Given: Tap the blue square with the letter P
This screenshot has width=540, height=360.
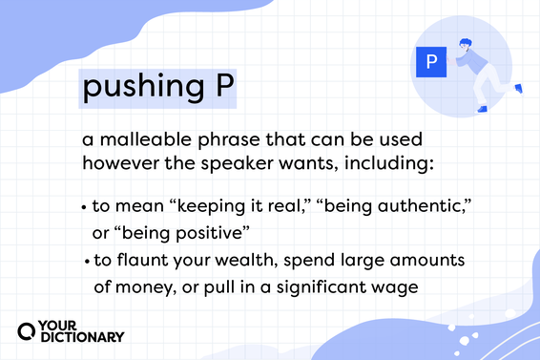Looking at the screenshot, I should click(x=430, y=63).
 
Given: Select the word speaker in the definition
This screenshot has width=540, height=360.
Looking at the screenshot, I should click(x=251, y=162).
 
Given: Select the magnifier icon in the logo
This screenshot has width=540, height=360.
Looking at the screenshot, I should click(x=28, y=329).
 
